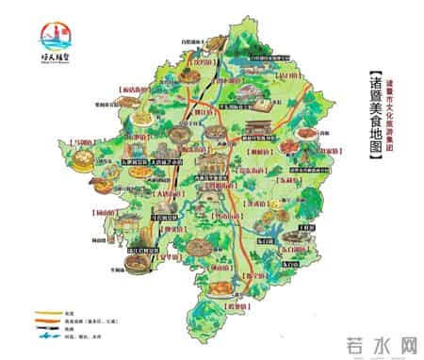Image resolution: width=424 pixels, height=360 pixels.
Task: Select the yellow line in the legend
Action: (43, 313)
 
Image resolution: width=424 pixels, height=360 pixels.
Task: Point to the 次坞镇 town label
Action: (200, 63)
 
